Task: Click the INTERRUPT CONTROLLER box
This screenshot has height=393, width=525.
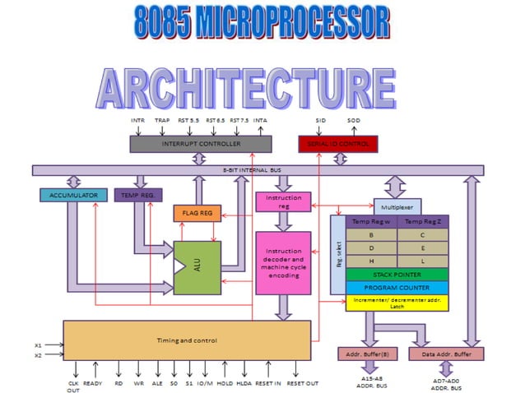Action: (201, 144)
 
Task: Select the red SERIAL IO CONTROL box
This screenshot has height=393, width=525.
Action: (337, 144)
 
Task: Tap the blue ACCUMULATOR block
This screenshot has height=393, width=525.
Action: (72, 195)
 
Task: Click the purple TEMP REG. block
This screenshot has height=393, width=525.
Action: (138, 195)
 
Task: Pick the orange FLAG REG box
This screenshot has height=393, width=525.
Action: (197, 213)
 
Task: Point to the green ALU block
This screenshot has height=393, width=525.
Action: (197, 267)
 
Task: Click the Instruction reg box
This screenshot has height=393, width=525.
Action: (283, 202)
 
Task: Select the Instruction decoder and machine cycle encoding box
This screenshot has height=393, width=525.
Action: (283, 263)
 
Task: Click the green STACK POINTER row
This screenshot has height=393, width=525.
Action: (397, 275)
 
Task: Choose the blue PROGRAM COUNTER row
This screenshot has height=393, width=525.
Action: (397, 288)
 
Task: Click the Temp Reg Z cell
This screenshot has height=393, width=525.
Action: (422, 222)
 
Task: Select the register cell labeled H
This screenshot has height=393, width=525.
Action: (371, 261)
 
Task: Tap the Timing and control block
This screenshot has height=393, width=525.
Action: (187, 340)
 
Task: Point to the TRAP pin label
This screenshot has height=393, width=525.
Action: (162, 121)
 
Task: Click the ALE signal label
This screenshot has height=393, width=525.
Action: (157, 383)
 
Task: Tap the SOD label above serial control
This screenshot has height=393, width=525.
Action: (354, 121)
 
